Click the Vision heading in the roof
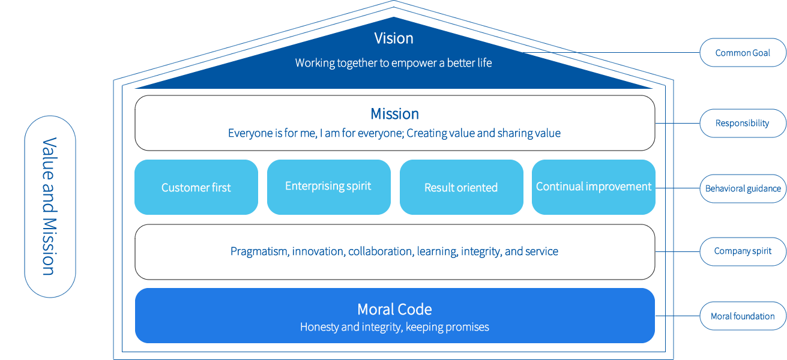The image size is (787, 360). coord(394,38)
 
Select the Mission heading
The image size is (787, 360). coord(394,114)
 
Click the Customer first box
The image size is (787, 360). coord(196,187)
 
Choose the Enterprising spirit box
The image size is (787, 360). coord(328,186)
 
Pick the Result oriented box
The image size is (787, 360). coord(461,187)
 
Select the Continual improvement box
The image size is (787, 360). coord(593,187)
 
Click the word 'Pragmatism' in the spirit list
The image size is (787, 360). coord(260,251)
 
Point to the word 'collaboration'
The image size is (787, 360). coord(380,251)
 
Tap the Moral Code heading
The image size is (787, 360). coord(394,310)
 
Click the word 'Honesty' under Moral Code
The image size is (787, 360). coord(319,327)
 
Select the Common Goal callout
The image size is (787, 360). coord(743,53)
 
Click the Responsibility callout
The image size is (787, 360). coord(743,123)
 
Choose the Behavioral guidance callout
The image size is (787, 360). coord(743,188)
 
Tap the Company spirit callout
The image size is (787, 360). coord(743,251)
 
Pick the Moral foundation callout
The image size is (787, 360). coord(743,316)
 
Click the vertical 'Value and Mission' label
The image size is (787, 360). coord(49,206)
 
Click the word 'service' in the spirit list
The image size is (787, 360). coord(541,251)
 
